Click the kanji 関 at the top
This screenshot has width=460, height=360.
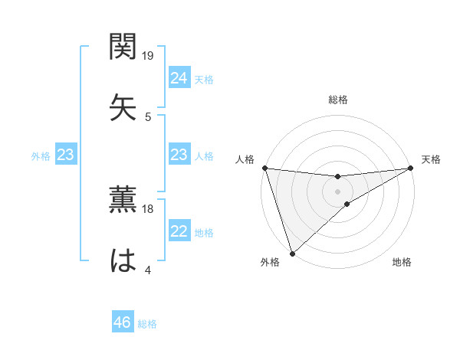(x=123, y=48)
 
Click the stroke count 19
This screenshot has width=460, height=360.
(x=149, y=56)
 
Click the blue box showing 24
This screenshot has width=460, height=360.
(x=179, y=78)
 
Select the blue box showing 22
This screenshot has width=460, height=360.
(x=179, y=231)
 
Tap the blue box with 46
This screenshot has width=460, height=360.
(x=122, y=322)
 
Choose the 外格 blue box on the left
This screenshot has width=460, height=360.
(x=65, y=155)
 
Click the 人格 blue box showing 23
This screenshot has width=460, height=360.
(x=179, y=155)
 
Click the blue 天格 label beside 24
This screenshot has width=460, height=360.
(x=204, y=80)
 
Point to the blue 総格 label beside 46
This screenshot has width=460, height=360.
(x=147, y=324)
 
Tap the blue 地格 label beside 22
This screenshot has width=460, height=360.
(x=204, y=233)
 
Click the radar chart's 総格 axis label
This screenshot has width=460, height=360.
(x=338, y=100)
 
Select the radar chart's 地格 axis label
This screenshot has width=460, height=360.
(x=402, y=263)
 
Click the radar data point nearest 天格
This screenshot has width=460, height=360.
(x=411, y=168)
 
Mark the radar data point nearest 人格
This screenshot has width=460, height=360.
(x=264, y=168)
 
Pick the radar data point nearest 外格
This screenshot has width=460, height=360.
(x=292, y=253)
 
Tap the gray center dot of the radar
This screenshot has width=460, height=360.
(x=338, y=191)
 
